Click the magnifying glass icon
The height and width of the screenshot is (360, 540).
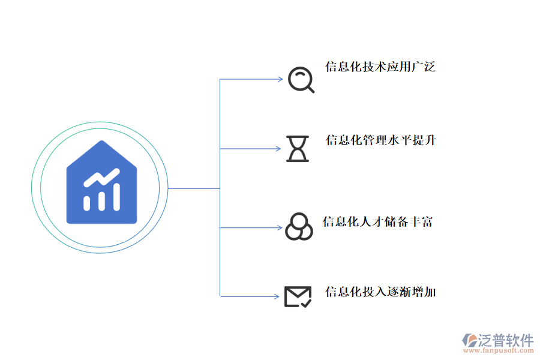point(300,79)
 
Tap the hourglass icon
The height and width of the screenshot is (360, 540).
point(298,149)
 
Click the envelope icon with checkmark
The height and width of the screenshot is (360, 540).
point(298,296)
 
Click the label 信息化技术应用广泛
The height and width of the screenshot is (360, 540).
point(380,67)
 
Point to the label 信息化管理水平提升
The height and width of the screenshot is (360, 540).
point(380,141)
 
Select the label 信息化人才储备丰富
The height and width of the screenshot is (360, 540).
point(377,222)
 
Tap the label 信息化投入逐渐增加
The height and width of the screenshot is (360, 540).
point(380,292)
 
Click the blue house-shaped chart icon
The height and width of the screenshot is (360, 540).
point(101,183)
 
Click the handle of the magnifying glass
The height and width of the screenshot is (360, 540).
point(310,89)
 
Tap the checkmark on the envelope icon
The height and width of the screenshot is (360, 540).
point(305,303)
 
